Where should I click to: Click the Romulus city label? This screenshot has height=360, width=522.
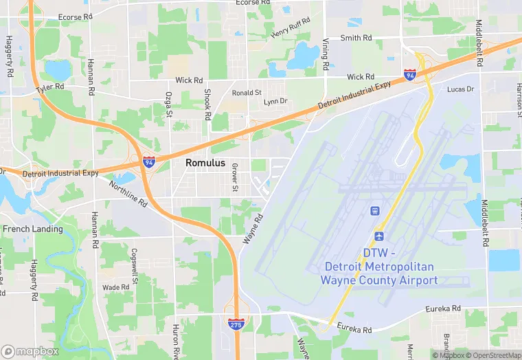(x=205, y=164)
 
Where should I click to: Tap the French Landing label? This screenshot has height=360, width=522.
(x=33, y=229)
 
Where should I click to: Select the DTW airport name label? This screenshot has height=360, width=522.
(x=378, y=266)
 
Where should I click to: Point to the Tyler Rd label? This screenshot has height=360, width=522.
(x=50, y=88)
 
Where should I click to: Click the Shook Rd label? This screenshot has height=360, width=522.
(x=207, y=104)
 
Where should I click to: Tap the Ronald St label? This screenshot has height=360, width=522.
(x=247, y=92)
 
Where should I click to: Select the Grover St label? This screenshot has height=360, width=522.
(x=235, y=177)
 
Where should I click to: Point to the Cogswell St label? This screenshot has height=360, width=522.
(x=135, y=267)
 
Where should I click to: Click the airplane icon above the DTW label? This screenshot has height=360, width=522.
(x=378, y=236)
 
